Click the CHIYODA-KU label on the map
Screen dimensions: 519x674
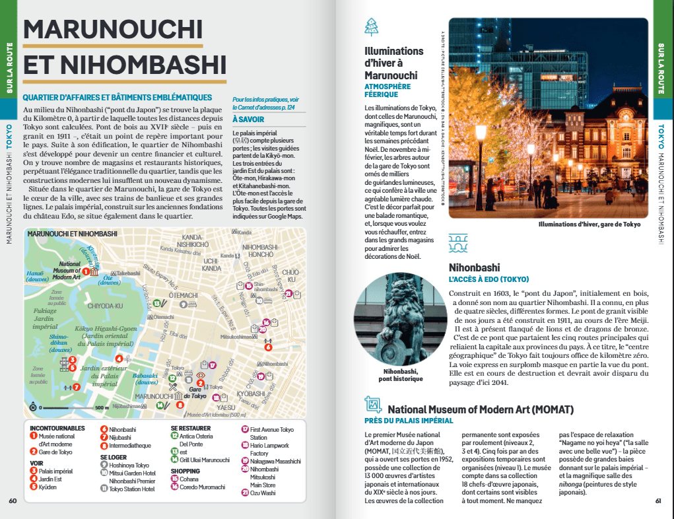point(105,306)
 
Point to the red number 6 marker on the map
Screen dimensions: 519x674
point(268,347)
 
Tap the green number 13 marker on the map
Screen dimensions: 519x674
point(156,303)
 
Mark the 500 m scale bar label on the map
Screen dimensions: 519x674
point(102,407)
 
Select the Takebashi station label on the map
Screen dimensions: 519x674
point(128,273)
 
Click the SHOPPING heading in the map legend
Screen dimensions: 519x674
point(185,471)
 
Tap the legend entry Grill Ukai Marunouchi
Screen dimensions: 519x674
point(204,460)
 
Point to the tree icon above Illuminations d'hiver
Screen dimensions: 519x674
point(372,27)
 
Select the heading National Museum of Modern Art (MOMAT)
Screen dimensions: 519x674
point(480,409)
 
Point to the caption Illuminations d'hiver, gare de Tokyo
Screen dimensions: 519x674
point(589,224)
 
